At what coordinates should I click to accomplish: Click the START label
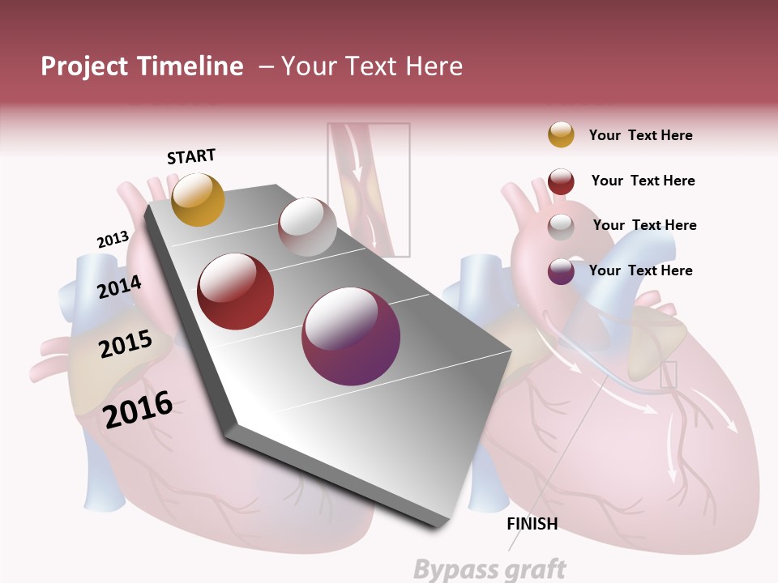pos(191,156)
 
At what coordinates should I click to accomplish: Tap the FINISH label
pos(532,524)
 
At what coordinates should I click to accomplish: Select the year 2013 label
pos(113,240)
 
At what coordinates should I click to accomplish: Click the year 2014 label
pos(119,287)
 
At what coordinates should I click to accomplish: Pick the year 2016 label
pos(138,410)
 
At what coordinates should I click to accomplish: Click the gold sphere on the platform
pos(198,199)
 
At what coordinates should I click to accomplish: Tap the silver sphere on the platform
pos(307,227)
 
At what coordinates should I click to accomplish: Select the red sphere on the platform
pos(236,291)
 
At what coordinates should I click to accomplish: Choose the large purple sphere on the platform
pos(351,336)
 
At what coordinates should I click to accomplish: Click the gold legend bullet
pos(561,134)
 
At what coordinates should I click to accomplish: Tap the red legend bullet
pos(561,181)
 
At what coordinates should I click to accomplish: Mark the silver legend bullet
pos(561,226)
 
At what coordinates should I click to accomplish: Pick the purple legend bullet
pos(561,271)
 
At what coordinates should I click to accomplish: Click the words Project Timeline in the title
pos(142,66)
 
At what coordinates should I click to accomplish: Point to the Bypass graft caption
pos(489,569)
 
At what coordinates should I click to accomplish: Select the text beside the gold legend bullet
pos(640,136)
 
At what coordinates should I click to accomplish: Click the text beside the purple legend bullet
pos(640,270)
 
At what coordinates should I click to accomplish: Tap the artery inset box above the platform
pos(369,189)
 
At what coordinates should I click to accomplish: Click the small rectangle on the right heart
pos(668,374)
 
